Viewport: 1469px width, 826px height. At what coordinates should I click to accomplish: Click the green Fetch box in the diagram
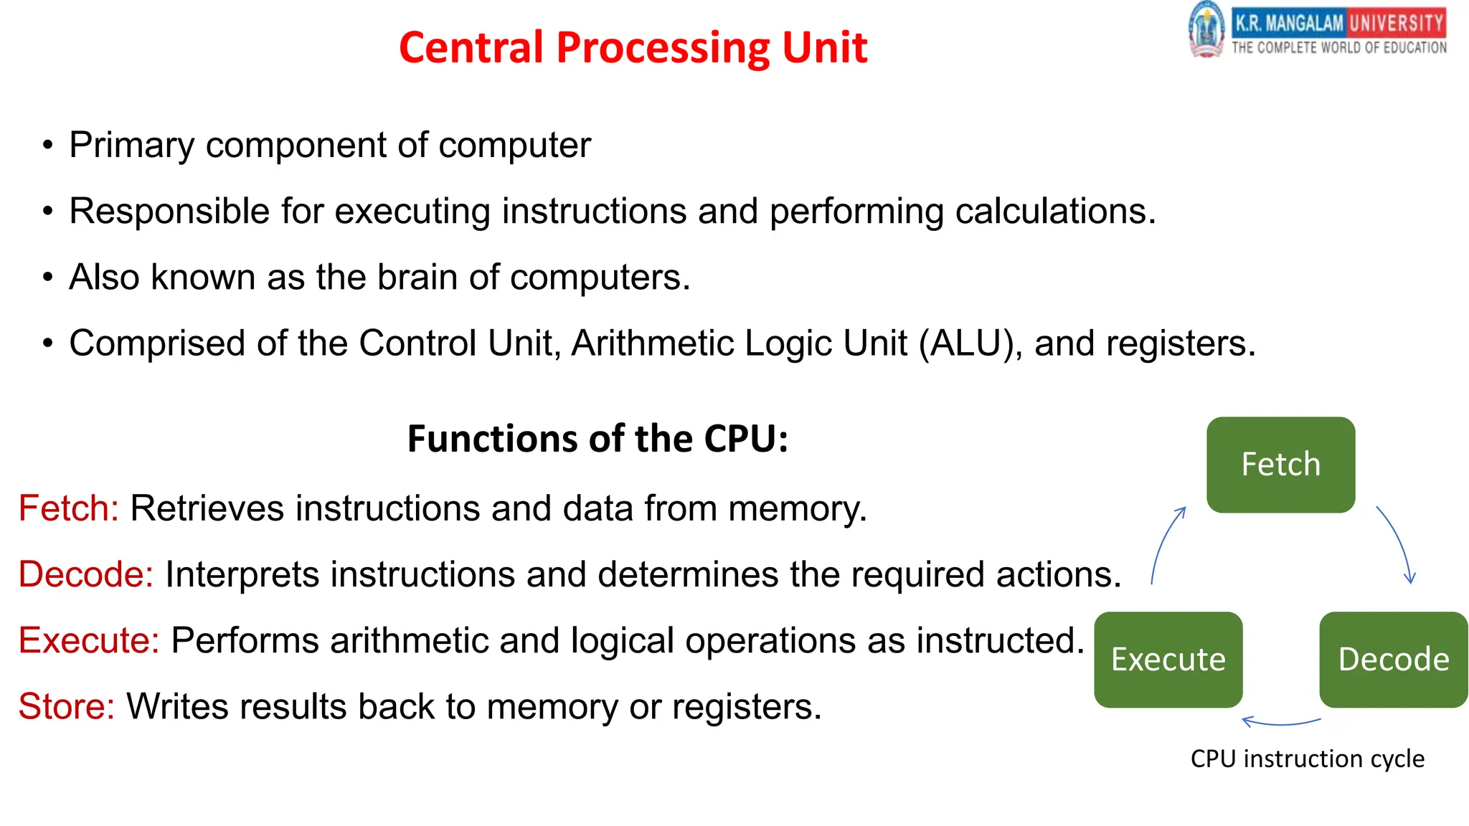coord(1280,465)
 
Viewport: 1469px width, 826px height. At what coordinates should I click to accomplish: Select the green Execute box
coord(1168,660)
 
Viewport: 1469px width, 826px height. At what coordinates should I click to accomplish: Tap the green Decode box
coord(1393,660)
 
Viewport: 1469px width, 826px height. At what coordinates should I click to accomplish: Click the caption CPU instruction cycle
coord(1307,759)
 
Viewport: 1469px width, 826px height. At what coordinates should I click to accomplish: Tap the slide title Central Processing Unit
coord(633,47)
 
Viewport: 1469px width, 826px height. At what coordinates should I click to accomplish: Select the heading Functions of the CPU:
coord(597,439)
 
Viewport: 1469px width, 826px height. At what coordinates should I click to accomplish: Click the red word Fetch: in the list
coord(68,508)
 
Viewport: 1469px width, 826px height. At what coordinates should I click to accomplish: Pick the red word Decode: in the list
coord(85,574)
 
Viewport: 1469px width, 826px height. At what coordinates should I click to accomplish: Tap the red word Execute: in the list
coord(88,640)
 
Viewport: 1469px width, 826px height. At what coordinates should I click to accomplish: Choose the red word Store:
coord(66,706)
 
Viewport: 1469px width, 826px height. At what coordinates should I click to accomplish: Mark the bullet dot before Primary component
coord(47,146)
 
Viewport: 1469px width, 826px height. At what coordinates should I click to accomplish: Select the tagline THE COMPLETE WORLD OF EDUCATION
coord(1338,48)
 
